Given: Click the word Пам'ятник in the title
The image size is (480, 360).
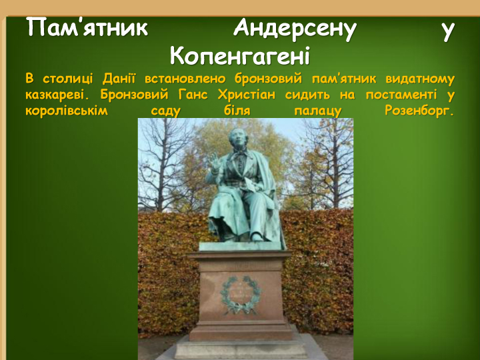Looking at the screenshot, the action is coord(87,27).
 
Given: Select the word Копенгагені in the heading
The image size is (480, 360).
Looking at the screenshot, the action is coord(240,56).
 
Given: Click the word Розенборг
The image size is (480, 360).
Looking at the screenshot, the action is coord(419,111).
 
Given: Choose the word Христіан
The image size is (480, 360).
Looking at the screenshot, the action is coord(247,95).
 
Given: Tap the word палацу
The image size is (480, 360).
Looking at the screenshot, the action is coord(317,111).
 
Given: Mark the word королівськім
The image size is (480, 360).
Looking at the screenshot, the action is coord(67,111).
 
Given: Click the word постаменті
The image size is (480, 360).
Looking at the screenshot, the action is coord(401,95).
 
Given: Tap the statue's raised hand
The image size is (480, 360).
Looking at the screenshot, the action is coord(214,162).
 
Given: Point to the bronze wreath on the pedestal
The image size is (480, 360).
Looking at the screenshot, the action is coord(241,295).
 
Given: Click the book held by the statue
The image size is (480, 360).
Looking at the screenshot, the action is coord(252,185).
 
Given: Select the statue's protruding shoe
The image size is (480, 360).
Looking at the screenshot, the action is coord(257,236).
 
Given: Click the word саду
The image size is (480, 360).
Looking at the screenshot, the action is coord(165,111).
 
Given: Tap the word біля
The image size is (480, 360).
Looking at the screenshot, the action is coord(237,111).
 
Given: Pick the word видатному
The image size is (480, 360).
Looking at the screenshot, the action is coord(420,79).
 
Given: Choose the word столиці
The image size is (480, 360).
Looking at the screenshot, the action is coord(67,79).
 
